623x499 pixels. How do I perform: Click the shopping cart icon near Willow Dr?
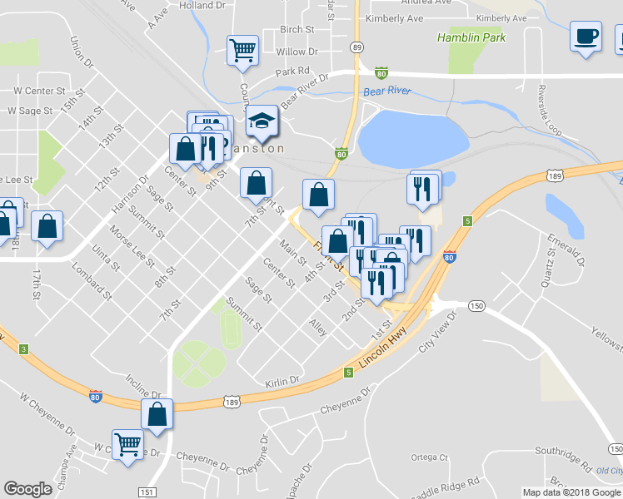click(242, 49)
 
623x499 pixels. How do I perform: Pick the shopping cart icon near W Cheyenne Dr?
click(127, 443)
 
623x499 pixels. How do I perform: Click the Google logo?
click(27, 489)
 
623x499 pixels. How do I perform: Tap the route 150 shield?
click(476, 306)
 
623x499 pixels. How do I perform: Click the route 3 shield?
click(25, 350)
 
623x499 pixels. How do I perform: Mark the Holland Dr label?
click(202, 5)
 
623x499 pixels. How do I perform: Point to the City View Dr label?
click(439, 332)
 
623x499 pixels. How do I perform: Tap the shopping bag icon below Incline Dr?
click(157, 414)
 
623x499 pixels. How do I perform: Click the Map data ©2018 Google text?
click(571, 492)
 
